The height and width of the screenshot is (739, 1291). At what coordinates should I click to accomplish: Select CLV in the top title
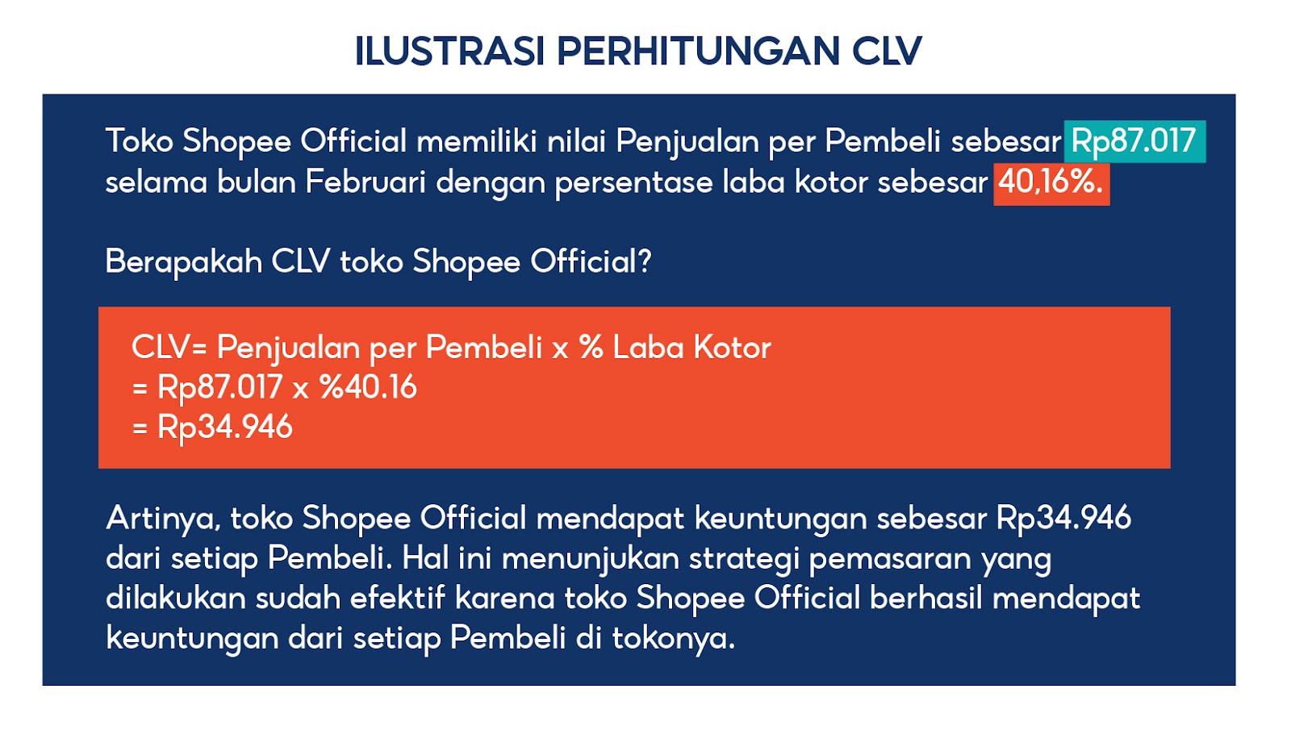[x=887, y=51]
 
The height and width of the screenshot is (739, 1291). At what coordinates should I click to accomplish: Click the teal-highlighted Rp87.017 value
[x=1134, y=141]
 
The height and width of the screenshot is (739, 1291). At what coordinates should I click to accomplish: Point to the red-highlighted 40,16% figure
[x=1051, y=182]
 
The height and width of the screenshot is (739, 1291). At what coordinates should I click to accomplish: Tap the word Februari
[x=365, y=182]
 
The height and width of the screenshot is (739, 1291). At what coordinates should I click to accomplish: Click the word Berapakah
[x=183, y=261]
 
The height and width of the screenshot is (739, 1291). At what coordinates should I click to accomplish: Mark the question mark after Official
[x=645, y=261]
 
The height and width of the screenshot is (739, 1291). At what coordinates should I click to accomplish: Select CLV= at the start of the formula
[x=169, y=348]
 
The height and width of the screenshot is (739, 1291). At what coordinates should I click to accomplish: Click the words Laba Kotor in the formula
[x=691, y=348]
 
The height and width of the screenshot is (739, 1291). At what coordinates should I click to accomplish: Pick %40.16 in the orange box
[x=368, y=387]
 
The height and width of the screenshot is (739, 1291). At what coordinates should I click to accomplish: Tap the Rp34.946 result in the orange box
[x=224, y=427]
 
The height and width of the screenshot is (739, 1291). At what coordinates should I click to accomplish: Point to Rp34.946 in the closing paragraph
[x=1063, y=518]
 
